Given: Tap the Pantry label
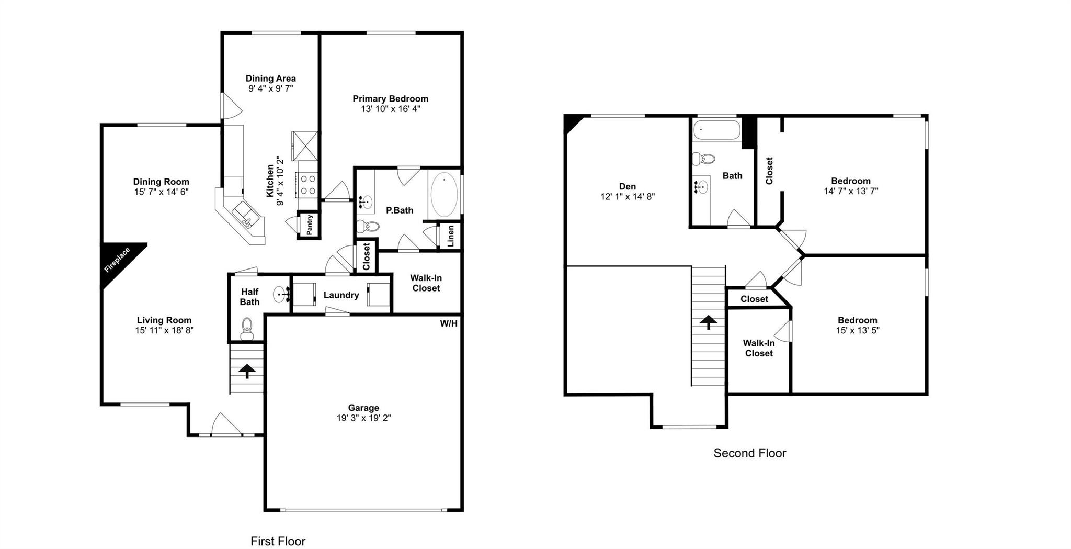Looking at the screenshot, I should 310,225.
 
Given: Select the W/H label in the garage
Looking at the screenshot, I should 448,324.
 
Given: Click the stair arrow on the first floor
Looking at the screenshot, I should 247,371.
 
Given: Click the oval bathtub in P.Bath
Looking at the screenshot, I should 444,194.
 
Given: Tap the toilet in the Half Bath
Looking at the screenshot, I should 247,328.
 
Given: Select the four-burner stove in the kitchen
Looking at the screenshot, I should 308,185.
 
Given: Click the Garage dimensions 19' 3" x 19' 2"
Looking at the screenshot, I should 363,418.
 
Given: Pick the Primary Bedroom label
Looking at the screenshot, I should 390,99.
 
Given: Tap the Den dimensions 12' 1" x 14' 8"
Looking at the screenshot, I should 628,197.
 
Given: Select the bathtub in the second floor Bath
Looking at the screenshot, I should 716,129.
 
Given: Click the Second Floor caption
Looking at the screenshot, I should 749,453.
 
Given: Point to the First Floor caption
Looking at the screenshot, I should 278,541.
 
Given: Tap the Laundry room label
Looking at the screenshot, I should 341,295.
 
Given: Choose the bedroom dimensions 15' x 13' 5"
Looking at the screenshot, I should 857,330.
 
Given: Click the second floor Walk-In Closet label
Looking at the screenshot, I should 759,348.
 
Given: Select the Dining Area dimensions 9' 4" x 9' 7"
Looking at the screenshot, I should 270,88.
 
